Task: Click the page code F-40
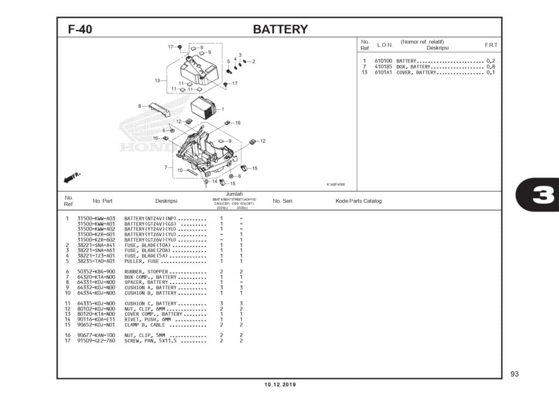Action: [x=80, y=29]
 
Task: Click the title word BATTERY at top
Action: [x=280, y=29]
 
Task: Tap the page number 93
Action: [x=514, y=374]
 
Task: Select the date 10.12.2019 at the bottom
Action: [x=279, y=385]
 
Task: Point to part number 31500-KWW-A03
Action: [x=96, y=219]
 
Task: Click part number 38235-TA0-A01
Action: [x=96, y=261]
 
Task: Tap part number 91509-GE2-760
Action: [x=96, y=341]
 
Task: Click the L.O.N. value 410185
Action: [x=383, y=67]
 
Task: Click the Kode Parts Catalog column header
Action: [x=359, y=201]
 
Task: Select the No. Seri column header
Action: [x=282, y=201]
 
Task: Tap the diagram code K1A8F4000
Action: [x=336, y=184]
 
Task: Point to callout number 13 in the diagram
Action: [x=157, y=81]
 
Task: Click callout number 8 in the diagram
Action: [x=139, y=106]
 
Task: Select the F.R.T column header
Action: [x=491, y=45]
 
